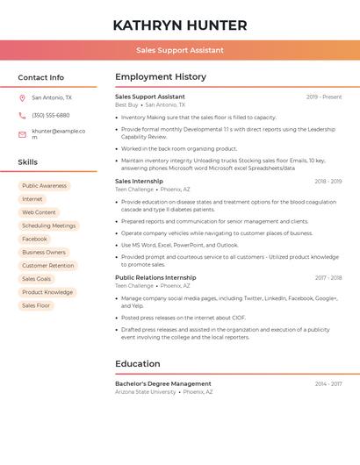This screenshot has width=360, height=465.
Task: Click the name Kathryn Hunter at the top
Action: [180, 25]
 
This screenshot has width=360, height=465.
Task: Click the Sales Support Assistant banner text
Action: [180, 50]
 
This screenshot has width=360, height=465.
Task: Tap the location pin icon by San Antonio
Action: [22, 98]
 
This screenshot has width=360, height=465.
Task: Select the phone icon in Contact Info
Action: [22, 116]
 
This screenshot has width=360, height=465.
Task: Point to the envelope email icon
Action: [22, 134]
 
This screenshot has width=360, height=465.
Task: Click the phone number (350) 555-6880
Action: [51, 116]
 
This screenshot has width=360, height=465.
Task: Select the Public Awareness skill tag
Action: [44, 186]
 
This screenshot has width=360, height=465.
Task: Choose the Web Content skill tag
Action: [39, 212]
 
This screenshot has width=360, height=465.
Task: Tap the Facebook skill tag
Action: [34, 239]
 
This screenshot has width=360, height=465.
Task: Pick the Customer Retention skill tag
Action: [47, 266]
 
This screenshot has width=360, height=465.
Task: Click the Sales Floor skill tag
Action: [36, 305]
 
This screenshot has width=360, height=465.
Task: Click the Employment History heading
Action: [161, 77]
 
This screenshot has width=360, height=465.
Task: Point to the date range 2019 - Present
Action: [324, 97]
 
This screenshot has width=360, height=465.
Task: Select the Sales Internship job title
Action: [139, 182]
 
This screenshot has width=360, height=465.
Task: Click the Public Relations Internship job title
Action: [155, 278]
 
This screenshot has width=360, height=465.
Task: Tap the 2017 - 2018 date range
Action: [328, 278]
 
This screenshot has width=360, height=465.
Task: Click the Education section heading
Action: [138, 364]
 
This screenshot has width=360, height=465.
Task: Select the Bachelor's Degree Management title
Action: [163, 384]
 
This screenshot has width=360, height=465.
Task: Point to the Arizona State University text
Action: [146, 392]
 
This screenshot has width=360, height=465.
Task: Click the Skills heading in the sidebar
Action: [28, 162]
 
